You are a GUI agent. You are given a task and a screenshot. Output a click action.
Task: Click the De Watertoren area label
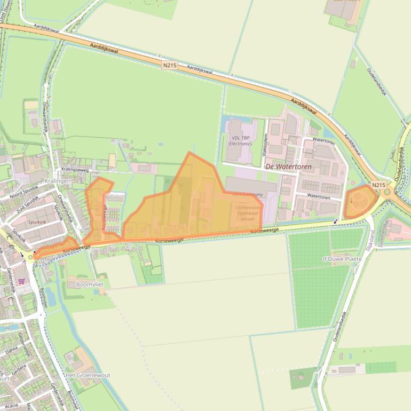[x=288, y=167]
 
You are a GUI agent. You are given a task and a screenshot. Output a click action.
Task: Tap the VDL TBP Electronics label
[x=241, y=140]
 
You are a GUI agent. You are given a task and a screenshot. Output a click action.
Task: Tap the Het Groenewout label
[x=88, y=375]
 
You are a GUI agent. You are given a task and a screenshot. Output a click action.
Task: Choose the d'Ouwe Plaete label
[x=342, y=259]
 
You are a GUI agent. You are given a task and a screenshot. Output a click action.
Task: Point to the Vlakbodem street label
[x=265, y=144]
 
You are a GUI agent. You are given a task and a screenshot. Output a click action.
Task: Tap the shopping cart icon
[x=21, y=281]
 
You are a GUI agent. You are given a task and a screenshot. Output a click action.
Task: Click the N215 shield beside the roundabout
[x=378, y=185]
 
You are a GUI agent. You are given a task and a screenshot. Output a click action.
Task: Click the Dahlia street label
[x=11, y=352]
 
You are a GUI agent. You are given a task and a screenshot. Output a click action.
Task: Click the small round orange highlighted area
[x=359, y=201]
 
